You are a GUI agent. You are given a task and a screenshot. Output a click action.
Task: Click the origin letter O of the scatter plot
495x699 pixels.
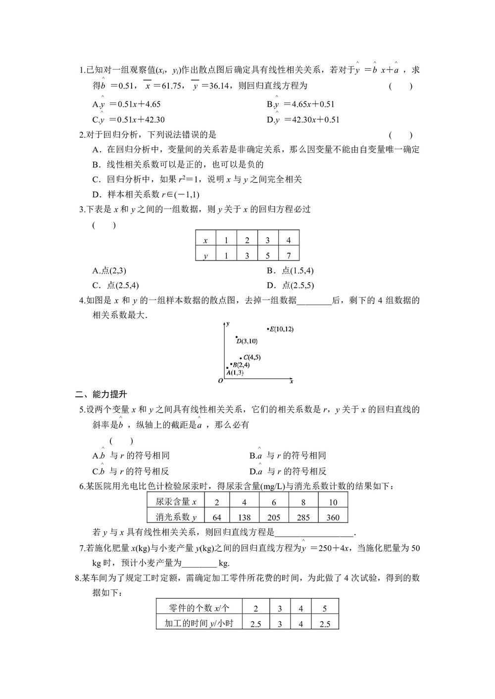(220, 381)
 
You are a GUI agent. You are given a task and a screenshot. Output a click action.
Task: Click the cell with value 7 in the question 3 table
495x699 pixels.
(289, 256)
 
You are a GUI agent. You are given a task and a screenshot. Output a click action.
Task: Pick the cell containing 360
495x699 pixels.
(333, 517)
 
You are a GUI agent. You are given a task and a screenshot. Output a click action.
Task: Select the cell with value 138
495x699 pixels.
(244, 517)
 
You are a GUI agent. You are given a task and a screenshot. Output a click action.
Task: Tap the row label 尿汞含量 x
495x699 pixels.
(176, 502)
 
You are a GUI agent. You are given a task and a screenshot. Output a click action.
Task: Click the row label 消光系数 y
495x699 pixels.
(176, 517)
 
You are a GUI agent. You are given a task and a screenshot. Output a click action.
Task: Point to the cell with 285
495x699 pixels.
(303, 517)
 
